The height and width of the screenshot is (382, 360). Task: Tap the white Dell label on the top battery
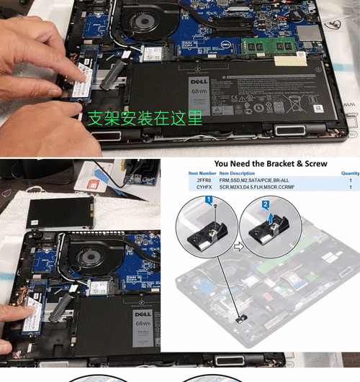tap(198, 94)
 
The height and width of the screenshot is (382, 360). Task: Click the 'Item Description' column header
tap(237, 173)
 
